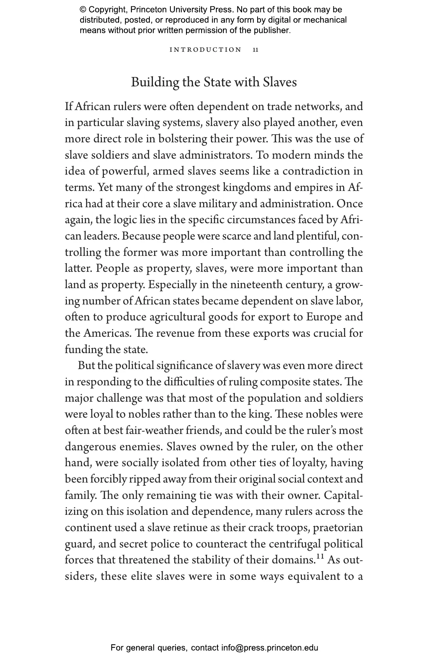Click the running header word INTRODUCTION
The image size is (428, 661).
[x=206, y=50]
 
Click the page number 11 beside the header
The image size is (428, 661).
[x=256, y=50]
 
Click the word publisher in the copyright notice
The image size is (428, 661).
[x=273, y=30]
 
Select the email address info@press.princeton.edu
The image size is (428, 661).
[x=270, y=648]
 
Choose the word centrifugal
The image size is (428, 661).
[x=295, y=544]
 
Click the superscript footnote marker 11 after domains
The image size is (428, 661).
[x=320, y=557]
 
